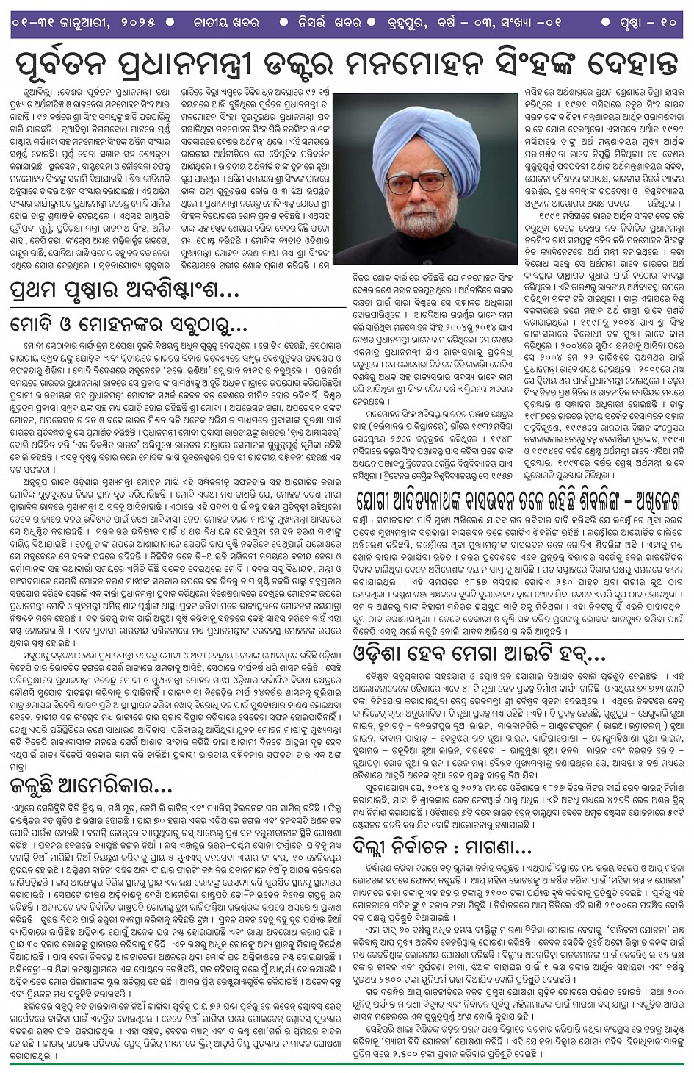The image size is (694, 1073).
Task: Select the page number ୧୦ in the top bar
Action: [x=667, y=22]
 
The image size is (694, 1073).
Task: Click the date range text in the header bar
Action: [x=84, y=22]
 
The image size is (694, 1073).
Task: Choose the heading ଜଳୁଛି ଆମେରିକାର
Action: [x=92, y=786]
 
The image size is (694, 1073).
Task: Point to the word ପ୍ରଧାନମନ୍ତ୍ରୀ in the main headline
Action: [x=202, y=64]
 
